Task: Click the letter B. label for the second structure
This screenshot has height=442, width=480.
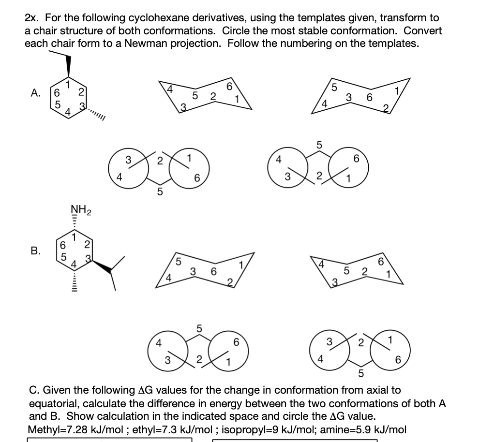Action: coord(35,251)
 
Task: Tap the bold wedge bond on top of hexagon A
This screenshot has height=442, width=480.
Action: coord(68,66)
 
